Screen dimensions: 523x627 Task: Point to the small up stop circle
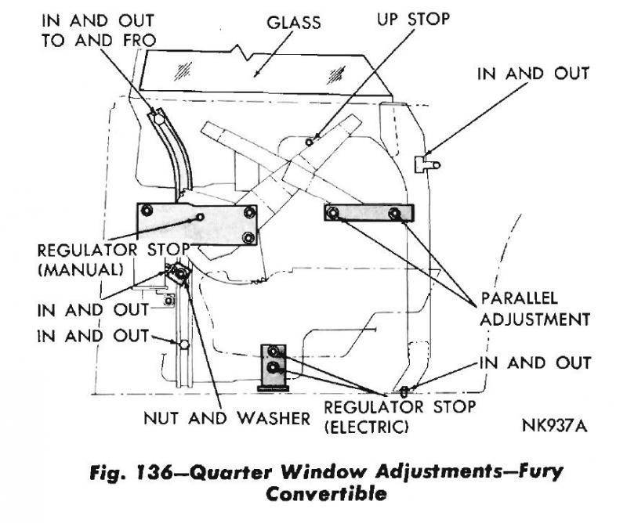coord(310,142)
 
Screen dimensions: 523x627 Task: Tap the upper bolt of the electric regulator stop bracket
coord(274,352)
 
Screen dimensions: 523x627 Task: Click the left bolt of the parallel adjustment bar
coord(333,213)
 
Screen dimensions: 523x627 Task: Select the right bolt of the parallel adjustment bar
coord(394,213)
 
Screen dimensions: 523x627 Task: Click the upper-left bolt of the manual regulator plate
coord(146,210)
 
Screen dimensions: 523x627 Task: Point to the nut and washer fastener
coord(179,273)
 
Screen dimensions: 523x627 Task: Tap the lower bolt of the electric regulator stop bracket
coord(274,367)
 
